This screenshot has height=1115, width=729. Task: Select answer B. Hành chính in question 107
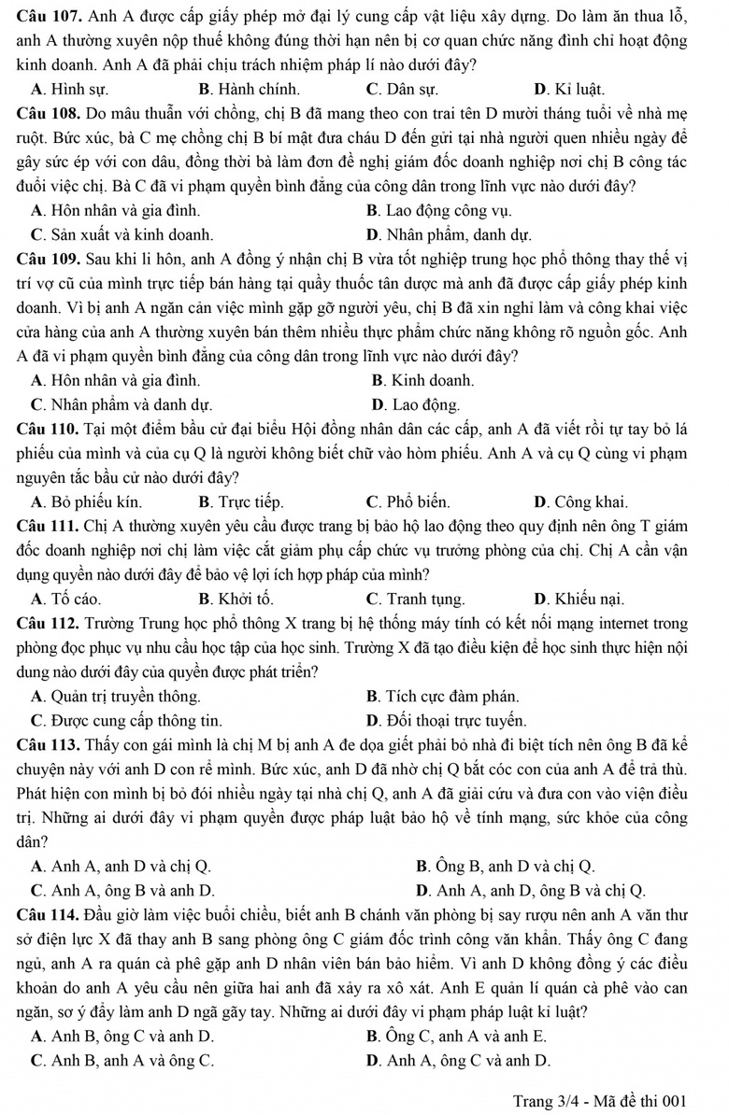pos(250,91)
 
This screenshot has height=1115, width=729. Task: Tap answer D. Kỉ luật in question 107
pos(569,91)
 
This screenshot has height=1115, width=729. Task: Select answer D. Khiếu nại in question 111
pos(579,599)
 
